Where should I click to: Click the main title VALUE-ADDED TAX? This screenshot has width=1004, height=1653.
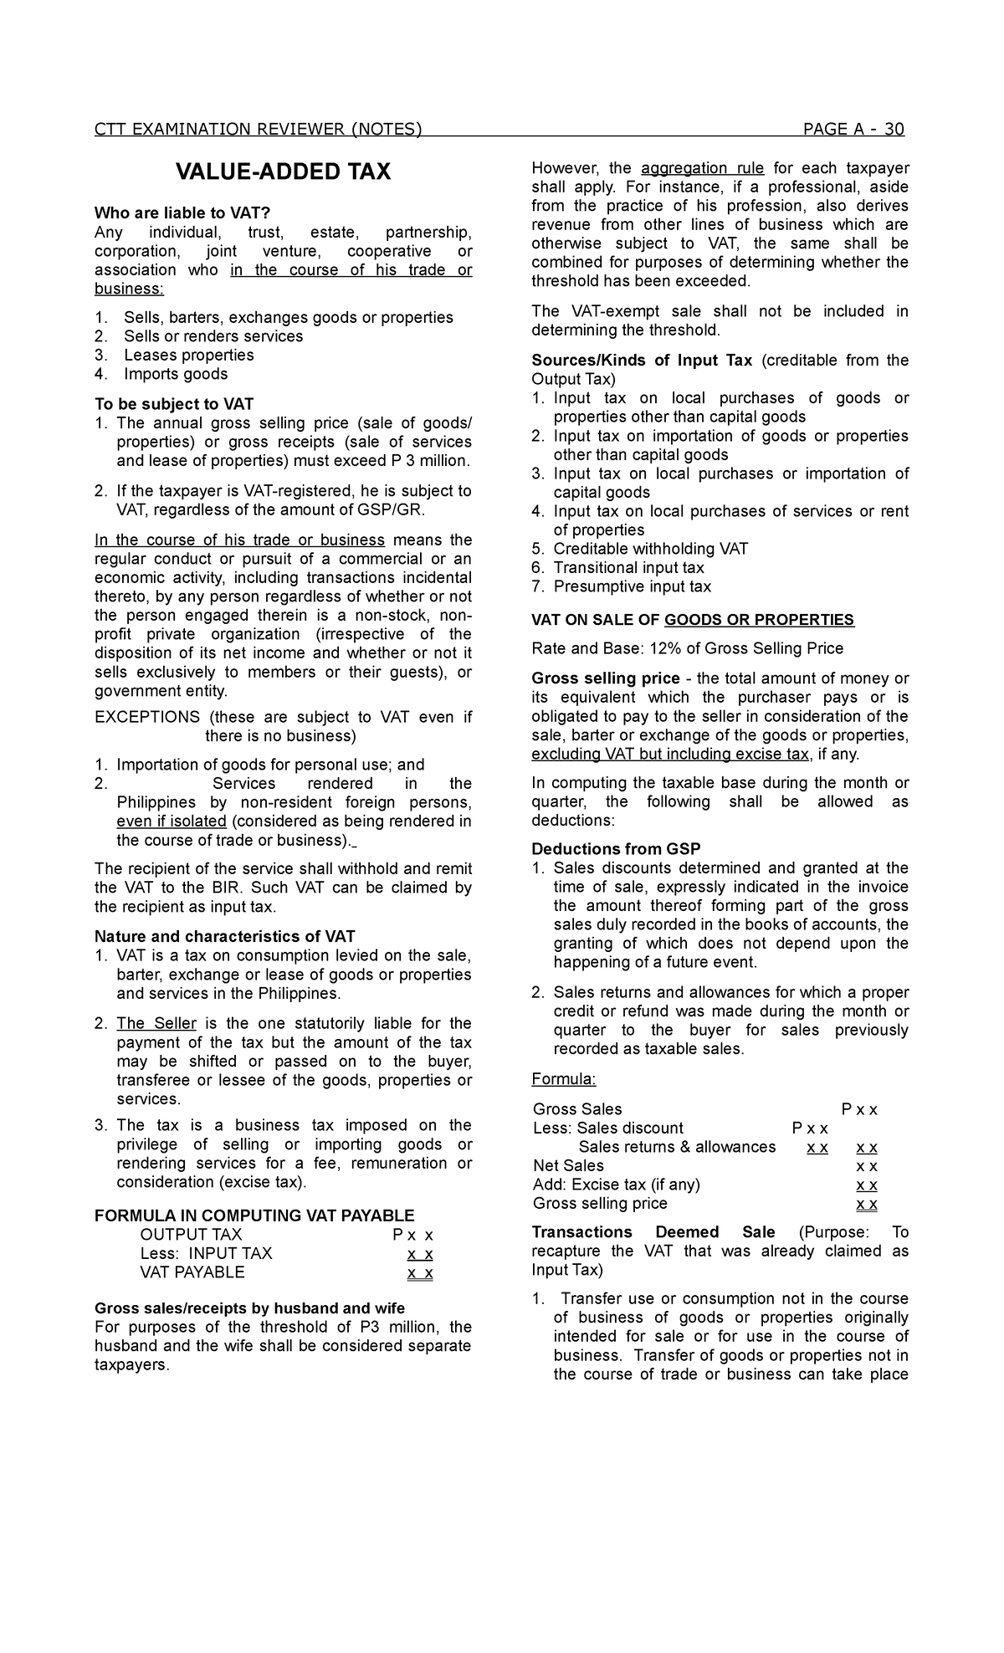point(283,172)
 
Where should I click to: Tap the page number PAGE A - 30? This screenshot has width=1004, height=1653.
point(853,129)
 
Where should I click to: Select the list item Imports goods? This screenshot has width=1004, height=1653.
point(176,374)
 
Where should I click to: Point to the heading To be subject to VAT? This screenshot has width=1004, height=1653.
point(174,404)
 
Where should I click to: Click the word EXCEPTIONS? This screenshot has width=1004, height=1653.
point(147,717)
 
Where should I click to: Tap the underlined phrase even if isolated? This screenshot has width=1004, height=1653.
point(172,821)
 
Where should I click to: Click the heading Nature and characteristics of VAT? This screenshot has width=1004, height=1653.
point(225,936)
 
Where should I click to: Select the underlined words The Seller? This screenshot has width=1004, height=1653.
point(156,1023)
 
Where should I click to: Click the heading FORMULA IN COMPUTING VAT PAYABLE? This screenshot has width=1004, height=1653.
point(254,1215)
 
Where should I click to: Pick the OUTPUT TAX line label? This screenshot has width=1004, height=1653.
point(191,1235)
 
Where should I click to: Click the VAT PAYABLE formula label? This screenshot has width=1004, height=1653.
point(192,1272)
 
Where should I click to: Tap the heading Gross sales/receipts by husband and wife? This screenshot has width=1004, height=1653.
point(249,1308)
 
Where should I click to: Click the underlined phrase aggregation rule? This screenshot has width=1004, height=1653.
point(702,168)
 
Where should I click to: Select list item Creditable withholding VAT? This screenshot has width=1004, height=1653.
point(651,549)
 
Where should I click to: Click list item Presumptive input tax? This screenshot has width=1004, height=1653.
point(632,586)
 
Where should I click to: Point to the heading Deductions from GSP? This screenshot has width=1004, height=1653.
point(616,849)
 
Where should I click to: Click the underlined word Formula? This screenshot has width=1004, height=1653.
point(563,1079)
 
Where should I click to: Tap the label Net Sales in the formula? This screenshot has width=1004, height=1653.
point(568,1165)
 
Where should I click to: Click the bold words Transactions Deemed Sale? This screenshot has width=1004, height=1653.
point(653,1232)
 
